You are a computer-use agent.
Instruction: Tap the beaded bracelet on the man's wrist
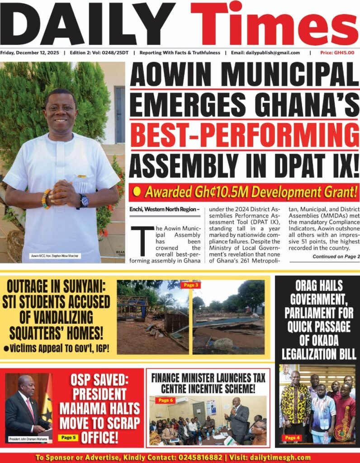pos(45,199)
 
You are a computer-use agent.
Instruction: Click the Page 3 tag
pos(190,285)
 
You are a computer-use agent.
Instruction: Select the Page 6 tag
pos(165,400)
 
